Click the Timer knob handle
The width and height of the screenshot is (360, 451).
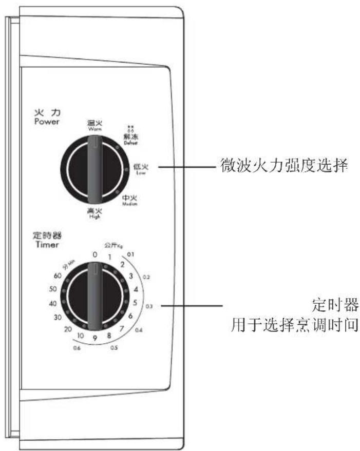(93, 296)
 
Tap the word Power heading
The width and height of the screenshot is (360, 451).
(47, 122)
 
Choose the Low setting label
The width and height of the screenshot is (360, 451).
(141, 169)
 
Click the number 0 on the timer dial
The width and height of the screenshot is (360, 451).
(94, 254)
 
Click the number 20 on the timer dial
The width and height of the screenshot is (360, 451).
(67, 329)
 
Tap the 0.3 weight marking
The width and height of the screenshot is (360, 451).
(149, 306)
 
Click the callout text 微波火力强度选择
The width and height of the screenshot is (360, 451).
(278, 166)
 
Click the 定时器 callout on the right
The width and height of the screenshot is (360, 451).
(335, 303)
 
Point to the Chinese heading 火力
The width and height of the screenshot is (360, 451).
(47, 113)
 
